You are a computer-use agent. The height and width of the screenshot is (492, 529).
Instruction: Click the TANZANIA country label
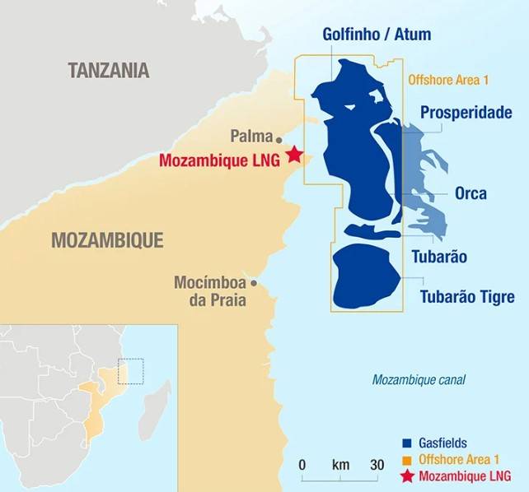point(109,70)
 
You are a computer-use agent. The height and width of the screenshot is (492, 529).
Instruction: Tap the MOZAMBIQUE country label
point(107,240)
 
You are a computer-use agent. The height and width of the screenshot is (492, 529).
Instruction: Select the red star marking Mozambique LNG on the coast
point(294,154)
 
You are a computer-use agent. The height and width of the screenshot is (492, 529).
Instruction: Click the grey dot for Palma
point(279,140)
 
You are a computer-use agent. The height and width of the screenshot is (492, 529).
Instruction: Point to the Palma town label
point(250,136)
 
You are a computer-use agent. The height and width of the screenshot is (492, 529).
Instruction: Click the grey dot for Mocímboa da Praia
point(254,283)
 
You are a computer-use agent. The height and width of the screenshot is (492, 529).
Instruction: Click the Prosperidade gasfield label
point(466,113)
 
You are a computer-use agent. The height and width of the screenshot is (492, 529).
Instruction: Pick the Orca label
point(470,194)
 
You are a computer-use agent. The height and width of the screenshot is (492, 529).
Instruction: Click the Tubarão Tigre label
point(467,296)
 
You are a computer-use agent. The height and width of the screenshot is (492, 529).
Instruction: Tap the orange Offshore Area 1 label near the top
point(448,80)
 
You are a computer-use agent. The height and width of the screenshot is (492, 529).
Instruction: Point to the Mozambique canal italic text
point(419,380)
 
